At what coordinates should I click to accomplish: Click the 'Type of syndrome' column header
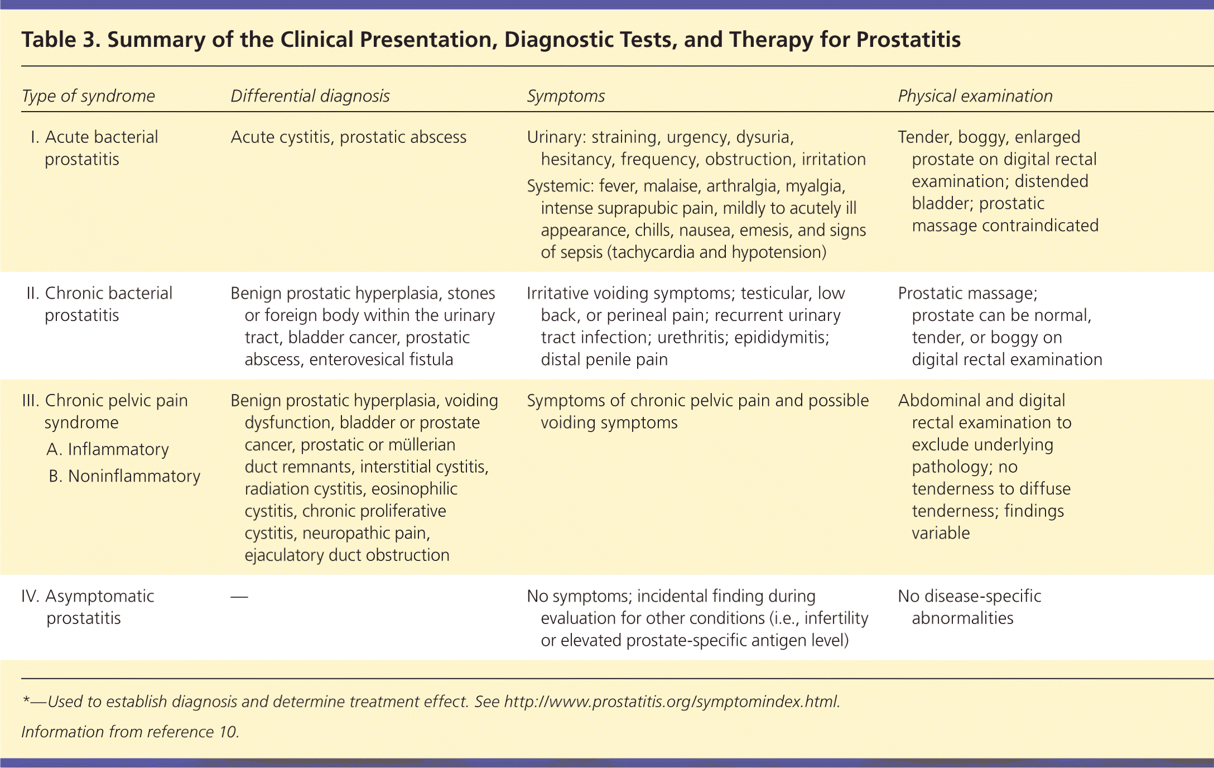pos(88,96)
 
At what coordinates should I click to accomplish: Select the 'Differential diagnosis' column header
pos(310,96)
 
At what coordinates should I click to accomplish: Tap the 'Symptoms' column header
pos(566,96)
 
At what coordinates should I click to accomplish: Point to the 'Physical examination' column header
pos(975,96)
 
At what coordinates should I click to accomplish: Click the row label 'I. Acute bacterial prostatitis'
pos(95,148)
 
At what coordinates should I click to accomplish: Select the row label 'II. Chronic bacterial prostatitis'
pos(99,304)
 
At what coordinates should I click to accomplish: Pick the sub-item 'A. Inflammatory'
pos(108,449)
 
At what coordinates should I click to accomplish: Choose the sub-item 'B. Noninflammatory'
pos(124,476)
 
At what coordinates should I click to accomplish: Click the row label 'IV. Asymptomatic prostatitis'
pos(88,607)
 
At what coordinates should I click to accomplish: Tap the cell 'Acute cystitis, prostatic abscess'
pos(349,137)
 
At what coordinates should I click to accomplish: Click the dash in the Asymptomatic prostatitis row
pos(239,597)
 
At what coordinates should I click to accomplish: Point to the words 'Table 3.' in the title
pos(61,40)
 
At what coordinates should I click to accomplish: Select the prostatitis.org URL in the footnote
pos(671,702)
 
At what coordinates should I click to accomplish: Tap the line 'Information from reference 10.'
pos(131,732)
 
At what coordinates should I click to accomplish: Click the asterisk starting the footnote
pos(26,700)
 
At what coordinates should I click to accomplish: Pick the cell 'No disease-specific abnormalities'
pos(970,607)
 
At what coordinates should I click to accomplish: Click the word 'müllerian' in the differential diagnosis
pos(422,445)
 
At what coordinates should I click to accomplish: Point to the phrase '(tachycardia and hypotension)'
pos(719,252)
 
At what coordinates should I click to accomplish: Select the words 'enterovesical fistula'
pos(381,359)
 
